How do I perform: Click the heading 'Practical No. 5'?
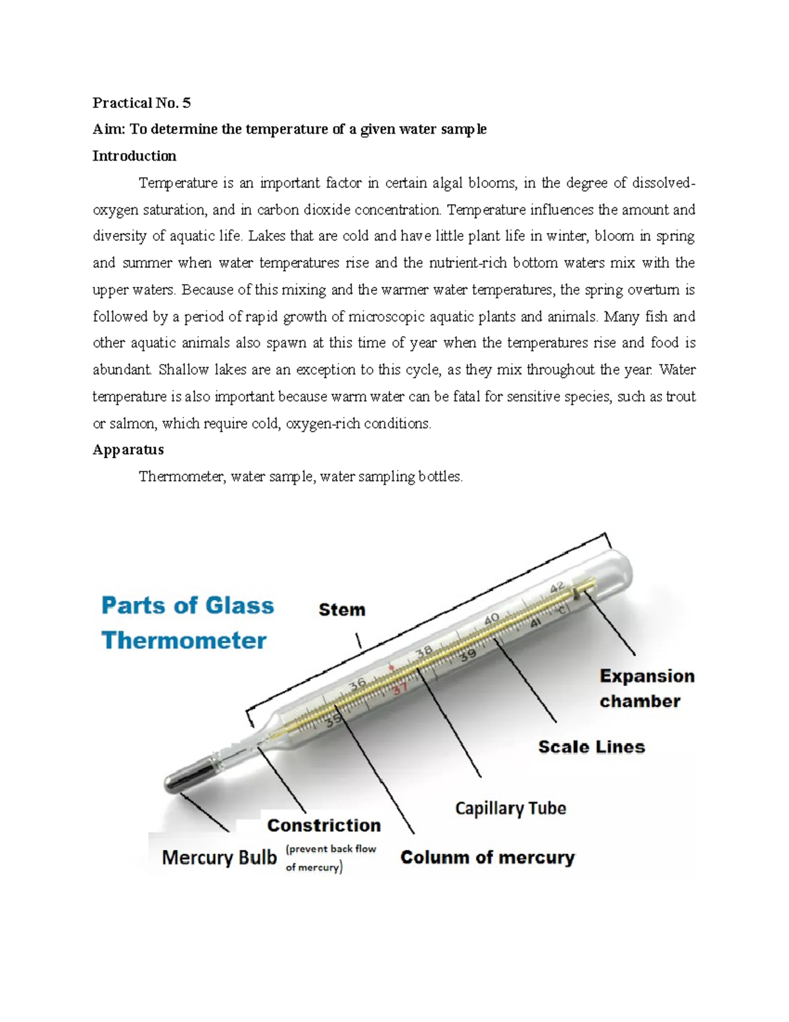pyautogui.click(x=141, y=103)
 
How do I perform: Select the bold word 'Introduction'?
pyautogui.click(x=134, y=156)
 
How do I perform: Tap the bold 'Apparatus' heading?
pyautogui.click(x=128, y=450)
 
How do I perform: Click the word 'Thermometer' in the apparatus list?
pyautogui.click(x=181, y=476)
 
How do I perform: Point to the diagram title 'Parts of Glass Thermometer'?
pyautogui.click(x=187, y=623)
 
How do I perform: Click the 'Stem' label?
pyautogui.click(x=342, y=610)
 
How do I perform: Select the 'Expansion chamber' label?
pyautogui.click(x=646, y=688)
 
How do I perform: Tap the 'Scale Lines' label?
pyautogui.click(x=591, y=747)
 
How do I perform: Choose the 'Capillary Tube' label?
pyautogui.click(x=510, y=808)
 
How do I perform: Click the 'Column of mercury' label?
pyautogui.click(x=487, y=857)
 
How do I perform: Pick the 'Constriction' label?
pyautogui.click(x=323, y=825)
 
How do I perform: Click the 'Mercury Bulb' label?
pyautogui.click(x=219, y=857)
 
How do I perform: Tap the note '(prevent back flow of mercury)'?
pyautogui.click(x=331, y=858)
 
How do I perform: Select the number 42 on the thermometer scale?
pyautogui.click(x=557, y=588)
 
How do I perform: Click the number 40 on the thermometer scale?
pyautogui.click(x=492, y=619)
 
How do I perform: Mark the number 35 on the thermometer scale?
pyautogui.click(x=333, y=719)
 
